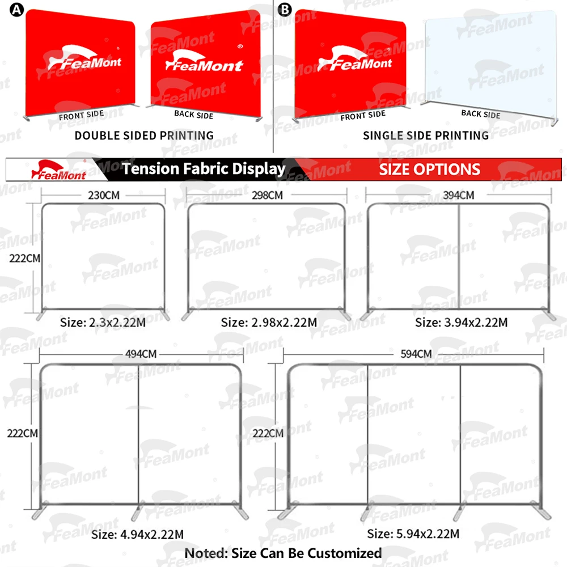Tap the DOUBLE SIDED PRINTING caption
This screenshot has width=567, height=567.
coord(144,136)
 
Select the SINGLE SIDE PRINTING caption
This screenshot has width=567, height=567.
coord(426,136)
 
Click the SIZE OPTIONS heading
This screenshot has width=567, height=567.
coord(429,169)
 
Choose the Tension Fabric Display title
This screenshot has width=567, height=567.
coord(204,168)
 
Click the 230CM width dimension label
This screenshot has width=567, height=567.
coord(104,195)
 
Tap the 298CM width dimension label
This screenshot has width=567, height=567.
coord(266,195)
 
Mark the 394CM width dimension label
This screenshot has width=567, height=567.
coord(458,195)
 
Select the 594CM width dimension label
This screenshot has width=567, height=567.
coord(416,354)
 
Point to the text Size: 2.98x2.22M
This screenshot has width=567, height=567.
coord(269,323)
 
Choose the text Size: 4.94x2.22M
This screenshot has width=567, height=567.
coord(138,534)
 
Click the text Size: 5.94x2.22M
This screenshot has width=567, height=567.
coord(413,534)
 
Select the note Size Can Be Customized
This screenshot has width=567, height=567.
coord(283,553)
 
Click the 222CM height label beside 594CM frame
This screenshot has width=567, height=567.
coord(268,433)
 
